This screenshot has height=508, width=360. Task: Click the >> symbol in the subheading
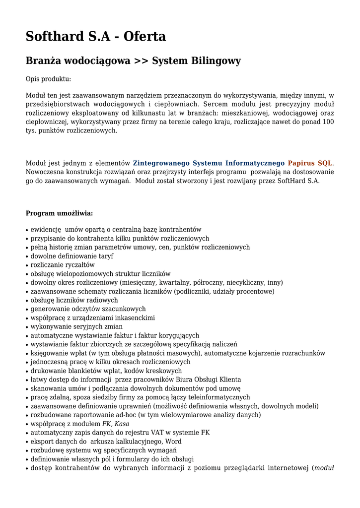[x=141, y=61]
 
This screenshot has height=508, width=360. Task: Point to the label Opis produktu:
[x=48, y=79]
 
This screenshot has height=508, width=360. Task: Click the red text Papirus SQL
[x=310, y=163]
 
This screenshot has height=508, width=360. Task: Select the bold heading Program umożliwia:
[x=59, y=213]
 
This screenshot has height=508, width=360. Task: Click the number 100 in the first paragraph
[x=328, y=122]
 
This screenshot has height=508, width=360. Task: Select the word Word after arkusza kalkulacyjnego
[x=173, y=442]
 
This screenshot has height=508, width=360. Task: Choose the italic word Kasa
[x=122, y=424]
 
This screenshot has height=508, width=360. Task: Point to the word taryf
[x=106, y=256]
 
